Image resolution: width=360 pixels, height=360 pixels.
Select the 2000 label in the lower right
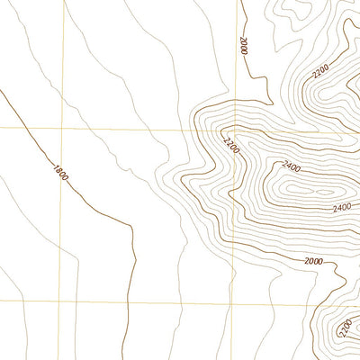(x=313, y=261)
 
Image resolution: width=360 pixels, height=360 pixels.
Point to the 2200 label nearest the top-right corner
(x=321, y=68)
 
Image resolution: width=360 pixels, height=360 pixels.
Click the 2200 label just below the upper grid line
(x=231, y=143)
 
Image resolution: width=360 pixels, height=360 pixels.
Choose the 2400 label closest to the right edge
(x=341, y=208)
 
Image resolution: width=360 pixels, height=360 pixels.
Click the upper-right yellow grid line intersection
(x=240, y=130)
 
